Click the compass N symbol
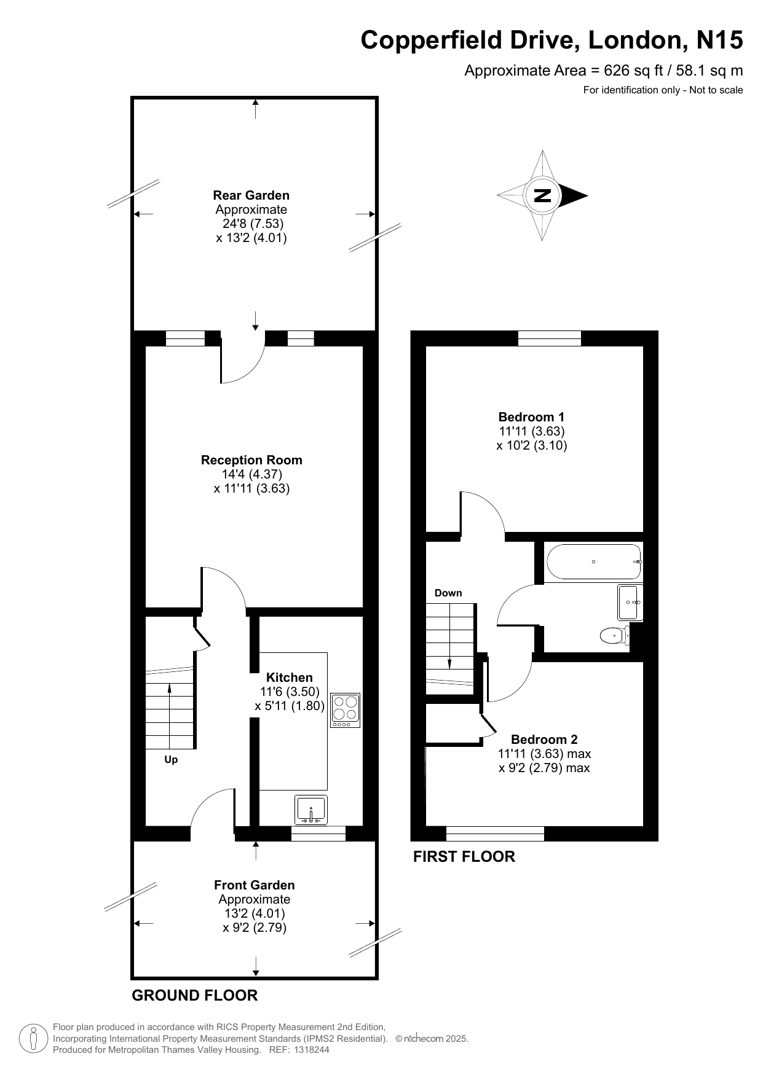click(x=542, y=196)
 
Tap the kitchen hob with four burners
click(x=346, y=710)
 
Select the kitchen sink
click(x=311, y=810)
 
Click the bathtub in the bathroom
click(x=593, y=561)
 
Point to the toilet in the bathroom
click(x=615, y=635)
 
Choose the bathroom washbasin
click(x=630, y=603)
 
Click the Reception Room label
click(x=251, y=460)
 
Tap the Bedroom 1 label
click(x=531, y=417)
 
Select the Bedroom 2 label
click(x=544, y=740)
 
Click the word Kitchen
click(x=290, y=678)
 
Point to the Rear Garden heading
click(x=251, y=195)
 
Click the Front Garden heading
click(x=254, y=885)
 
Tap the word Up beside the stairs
click(x=171, y=760)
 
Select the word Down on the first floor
click(x=448, y=593)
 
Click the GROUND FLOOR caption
click(x=195, y=996)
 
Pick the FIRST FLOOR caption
click(x=464, y=856)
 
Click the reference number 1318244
click(x=312, y=1050)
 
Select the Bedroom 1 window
click(x=550, y=338)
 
